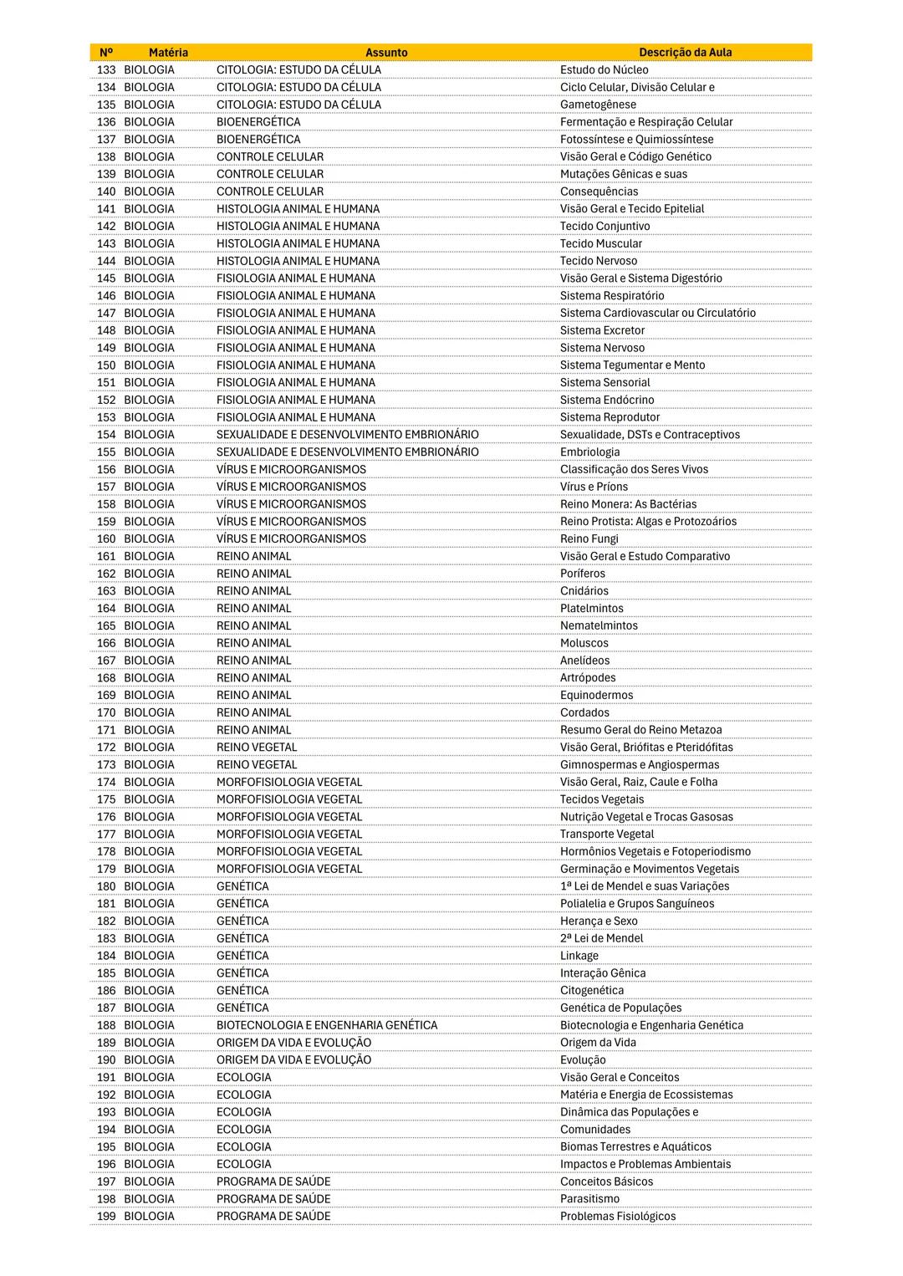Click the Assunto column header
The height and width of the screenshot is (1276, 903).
point(386,53)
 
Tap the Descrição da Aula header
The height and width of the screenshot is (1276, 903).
point(685,53)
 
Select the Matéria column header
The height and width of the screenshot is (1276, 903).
point(168,53)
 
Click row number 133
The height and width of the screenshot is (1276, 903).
point(106,70)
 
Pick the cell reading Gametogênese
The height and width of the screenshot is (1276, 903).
point(598,105)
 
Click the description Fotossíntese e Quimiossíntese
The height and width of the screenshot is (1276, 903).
point(636,140)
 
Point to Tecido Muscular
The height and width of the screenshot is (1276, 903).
point(601,243)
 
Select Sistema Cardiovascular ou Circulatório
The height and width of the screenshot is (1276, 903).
point(657,313)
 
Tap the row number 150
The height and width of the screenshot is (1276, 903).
point(106,365)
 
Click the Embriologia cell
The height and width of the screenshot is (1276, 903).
point(589,452)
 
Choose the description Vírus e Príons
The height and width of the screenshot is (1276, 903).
point(594,487)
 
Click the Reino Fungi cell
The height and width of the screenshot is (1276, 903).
point(589,539)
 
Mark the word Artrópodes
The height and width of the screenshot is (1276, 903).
point(588,678)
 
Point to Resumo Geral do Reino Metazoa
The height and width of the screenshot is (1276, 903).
point(640,730)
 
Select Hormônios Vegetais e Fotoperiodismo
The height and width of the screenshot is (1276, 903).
point(655,851)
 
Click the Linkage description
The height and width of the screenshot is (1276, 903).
point(579,956)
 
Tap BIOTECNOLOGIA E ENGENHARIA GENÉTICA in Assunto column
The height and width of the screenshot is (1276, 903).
point(327,1025)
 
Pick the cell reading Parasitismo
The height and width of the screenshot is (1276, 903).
point(589,1199)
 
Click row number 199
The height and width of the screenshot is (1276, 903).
point(106,1217)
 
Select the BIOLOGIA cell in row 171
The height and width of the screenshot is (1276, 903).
point(149,730)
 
